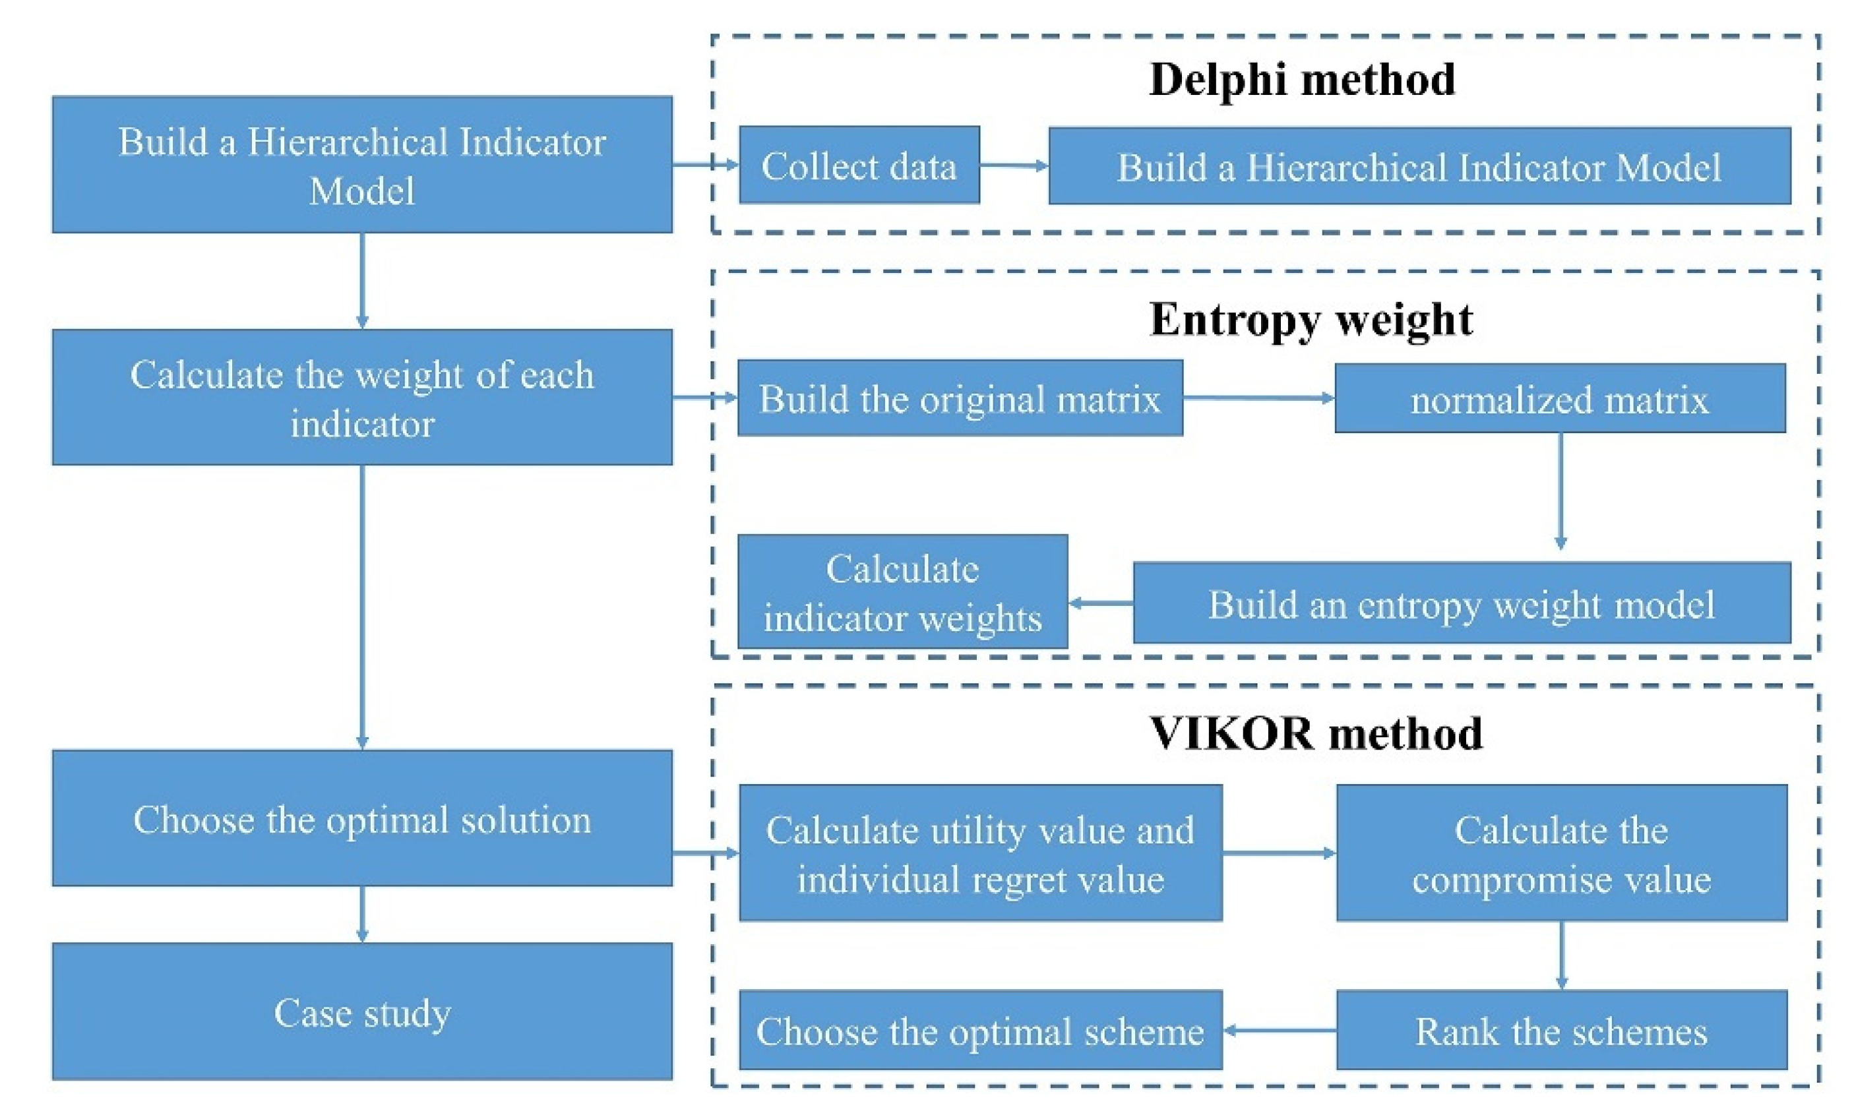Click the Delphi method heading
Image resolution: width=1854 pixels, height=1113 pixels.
[x=1301, y=80]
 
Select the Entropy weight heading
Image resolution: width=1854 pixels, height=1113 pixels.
[x=1311, y=320]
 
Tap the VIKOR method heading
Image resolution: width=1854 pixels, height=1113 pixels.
[x=1316, y=733]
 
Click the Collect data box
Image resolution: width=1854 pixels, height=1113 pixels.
[x=859, y=165]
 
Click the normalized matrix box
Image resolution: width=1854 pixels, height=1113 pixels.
[x=1559, y=398]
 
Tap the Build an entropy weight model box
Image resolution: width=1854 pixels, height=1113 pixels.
[x=1461, y=603]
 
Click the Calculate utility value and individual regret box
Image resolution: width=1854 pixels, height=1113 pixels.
[x=980, y=853]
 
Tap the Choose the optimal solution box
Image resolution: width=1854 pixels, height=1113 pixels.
[x=362, y=818]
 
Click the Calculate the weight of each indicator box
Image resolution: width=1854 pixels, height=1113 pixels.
[x=362, y=398]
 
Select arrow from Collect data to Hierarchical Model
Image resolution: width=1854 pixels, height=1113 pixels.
[x=1013, y=165]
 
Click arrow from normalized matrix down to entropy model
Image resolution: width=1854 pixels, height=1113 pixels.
[x=1560, y=491]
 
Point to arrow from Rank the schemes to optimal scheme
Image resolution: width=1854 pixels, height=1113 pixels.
[x=1279, y=1030]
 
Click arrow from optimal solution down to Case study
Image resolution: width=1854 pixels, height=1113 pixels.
[x=362, y=913]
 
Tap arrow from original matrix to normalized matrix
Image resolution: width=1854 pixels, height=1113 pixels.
[x=1258, y=398]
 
